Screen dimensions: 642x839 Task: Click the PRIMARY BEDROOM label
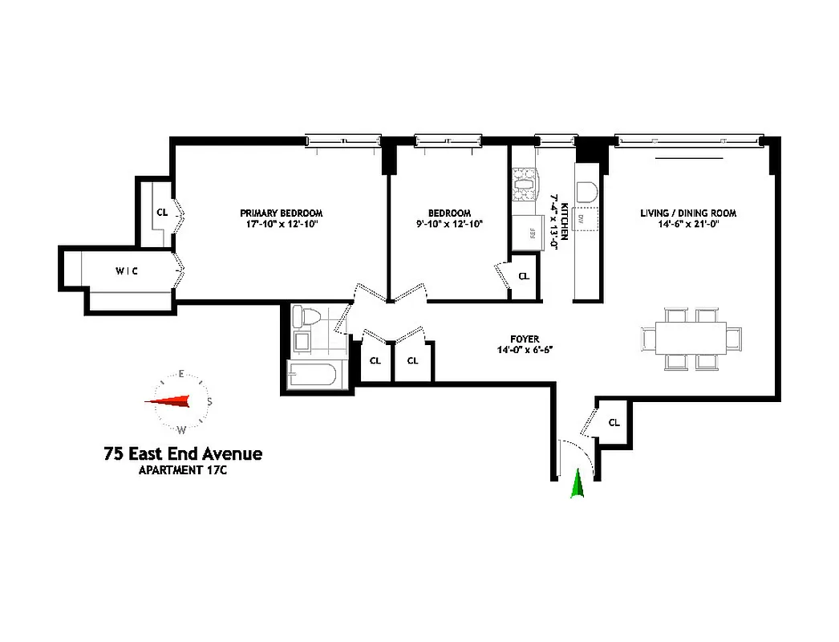click(281, 213)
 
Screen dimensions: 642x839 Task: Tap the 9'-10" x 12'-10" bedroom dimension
click(448, 225)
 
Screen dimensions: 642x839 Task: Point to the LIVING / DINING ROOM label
click(687, 213)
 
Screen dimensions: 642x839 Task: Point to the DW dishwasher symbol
click(584, 219)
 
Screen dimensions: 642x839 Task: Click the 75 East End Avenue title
click(183, 454)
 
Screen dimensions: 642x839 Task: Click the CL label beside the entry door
click(614, 421)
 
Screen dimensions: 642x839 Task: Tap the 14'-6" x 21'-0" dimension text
click(687, 226)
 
